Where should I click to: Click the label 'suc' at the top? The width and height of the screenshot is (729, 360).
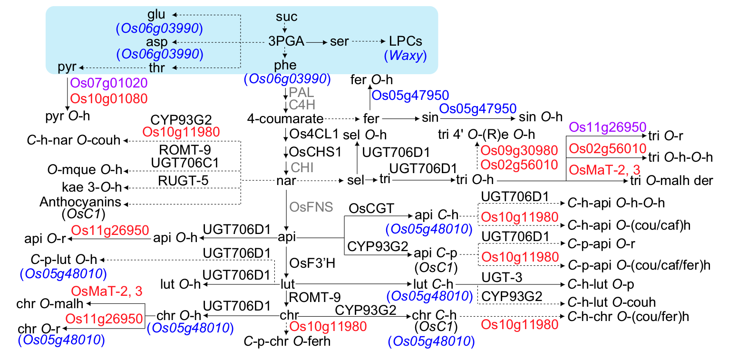(x=286, y=16)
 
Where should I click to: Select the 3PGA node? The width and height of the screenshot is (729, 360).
(x=286, y=41)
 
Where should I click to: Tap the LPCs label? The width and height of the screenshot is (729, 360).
(x=406, y=41)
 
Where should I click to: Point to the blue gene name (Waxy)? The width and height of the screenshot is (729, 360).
(x=406, y=55)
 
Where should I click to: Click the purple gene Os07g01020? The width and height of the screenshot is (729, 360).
(x=109, y=83)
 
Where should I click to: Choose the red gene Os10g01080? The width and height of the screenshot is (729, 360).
(x=109, y=98)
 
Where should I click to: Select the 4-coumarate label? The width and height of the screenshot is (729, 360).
(x=285, y=118)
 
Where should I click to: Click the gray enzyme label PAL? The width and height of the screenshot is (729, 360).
(x=301, y=92)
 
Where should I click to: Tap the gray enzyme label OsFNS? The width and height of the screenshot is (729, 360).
(x=311, y=207)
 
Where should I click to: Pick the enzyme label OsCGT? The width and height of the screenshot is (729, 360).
(x=371, y=208)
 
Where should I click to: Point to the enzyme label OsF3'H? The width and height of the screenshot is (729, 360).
(x=312, y=263)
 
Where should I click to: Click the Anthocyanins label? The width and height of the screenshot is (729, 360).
(x=80, y=202)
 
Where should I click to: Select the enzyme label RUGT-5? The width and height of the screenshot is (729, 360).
(x=183, y=181)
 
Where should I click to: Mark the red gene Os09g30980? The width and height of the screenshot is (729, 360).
(x=519, y=150)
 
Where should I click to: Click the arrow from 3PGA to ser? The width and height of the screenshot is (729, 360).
(x=317, y=42)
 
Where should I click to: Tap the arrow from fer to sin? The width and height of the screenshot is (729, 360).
(x=400, y=119)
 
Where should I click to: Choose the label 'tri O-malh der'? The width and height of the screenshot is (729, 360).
(x=671, y=180)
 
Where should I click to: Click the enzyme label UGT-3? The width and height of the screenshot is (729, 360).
(x=502, y=277)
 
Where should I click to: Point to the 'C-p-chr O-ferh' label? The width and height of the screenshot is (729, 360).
(x=287, y=341)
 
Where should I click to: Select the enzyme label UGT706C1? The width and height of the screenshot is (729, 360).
(x=185, y=163)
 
